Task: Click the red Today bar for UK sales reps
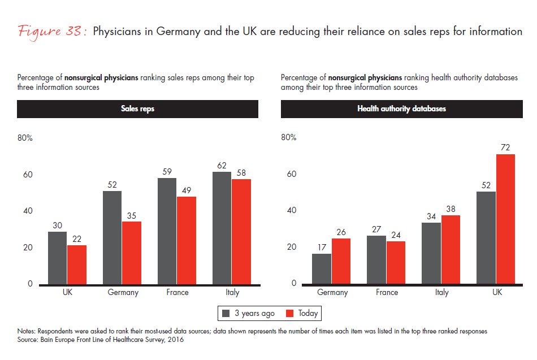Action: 77,264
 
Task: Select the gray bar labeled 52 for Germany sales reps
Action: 112,237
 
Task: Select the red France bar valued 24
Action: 395,262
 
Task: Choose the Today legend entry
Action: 302,313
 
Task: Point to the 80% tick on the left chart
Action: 25,138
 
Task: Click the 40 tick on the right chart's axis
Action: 291,210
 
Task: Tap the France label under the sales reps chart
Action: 177,293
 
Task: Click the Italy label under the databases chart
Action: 442,293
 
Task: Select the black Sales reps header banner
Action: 137,109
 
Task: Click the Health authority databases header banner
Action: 401,109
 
